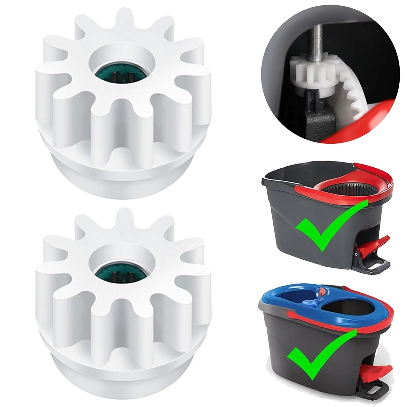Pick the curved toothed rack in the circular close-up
tap(351, 94)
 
